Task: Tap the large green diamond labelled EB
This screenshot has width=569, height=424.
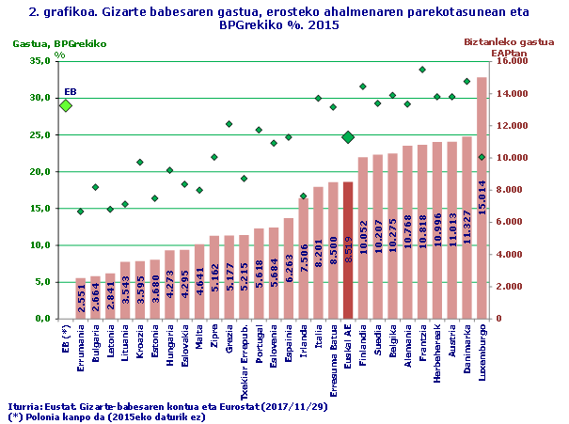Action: point(66,105)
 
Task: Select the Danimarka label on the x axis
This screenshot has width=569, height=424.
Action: point(466,351)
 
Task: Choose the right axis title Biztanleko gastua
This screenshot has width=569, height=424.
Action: point(512,42)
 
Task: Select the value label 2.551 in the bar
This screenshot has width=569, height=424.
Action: point(81,301)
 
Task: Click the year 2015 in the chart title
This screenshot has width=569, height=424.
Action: point(321,26)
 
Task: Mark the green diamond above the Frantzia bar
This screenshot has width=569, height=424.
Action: point(422,70)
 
